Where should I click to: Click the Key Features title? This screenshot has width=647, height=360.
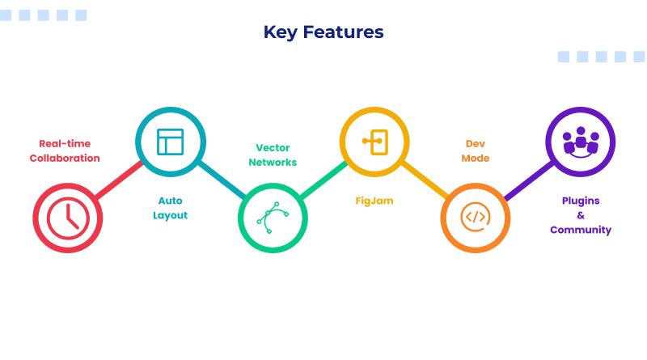(323, 32)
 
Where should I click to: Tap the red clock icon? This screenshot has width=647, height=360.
(68, 218)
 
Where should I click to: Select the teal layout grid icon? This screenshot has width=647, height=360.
(171, 142)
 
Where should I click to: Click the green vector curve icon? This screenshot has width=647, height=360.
(273, 218)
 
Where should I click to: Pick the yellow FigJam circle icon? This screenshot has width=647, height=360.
(374, 142)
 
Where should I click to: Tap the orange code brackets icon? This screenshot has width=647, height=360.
(475, 218)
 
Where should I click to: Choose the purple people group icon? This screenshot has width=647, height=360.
(580, 142)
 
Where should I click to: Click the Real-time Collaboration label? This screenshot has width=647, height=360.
(65, 150)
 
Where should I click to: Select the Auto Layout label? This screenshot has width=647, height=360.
(171, 208)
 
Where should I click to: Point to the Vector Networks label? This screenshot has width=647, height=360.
(273, 155)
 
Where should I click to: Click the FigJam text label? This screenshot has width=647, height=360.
(374, 201)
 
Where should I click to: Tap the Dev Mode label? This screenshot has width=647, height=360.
(476, 150)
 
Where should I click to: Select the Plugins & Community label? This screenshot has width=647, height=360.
(581, 215)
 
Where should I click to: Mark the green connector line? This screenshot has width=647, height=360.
(323, 180)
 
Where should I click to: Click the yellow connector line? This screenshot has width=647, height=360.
(425, 180)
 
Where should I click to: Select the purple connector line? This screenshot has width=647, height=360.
(527, 180)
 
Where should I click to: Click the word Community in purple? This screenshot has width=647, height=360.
(581, 231)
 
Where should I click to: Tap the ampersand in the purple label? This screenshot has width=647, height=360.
(581, 215)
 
